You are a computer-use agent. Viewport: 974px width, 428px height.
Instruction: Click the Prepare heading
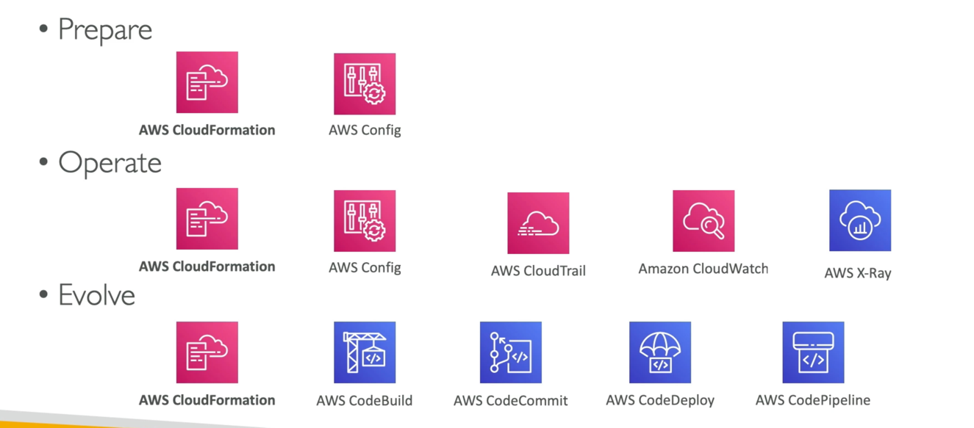[x=104, y=30]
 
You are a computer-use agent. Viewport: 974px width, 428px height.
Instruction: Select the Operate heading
[x=110, y=163]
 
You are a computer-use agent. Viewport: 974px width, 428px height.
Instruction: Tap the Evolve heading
[x=96, y=296]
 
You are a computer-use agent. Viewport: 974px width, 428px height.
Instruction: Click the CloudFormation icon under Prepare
[x=207, y=82]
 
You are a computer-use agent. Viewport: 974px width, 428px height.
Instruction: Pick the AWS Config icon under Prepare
[x=365, y=84]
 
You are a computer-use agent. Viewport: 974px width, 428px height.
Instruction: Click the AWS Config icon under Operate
[x=365, y=221]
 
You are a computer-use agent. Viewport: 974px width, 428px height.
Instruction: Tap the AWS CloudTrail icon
[x=538, y=223]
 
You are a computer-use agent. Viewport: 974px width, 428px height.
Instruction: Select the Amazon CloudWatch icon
[x=703, y=221]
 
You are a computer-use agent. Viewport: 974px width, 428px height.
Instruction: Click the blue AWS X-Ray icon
[x=860, y=221]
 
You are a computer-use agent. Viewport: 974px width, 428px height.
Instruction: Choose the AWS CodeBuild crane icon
[x=365, y=352]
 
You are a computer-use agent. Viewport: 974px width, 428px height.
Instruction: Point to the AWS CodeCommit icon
[x=511, y=352]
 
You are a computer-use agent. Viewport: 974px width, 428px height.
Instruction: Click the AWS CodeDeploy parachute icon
[x=660, y=352]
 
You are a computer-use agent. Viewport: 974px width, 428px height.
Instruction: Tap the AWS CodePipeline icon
[x=813, y=352]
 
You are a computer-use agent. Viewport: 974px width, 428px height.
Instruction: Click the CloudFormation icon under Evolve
[x=207, y=352]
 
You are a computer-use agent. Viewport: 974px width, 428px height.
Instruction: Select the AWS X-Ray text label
[x=858, y=273]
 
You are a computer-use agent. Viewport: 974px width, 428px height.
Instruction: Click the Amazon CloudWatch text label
[x=703, y=269]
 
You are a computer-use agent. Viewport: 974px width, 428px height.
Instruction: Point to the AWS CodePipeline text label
[x=813, y=401]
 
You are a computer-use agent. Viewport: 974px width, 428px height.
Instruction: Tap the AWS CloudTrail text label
[x=538, y=272]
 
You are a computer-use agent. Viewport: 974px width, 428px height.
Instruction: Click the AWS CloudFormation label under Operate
[x=207, y=266]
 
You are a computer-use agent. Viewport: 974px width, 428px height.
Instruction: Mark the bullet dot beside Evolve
[x=43, y=296]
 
